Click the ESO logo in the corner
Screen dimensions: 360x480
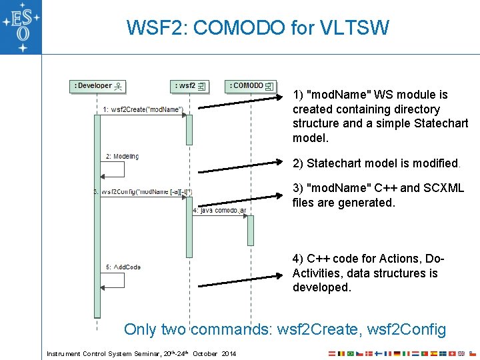21,26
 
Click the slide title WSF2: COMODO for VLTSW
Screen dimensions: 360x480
257,28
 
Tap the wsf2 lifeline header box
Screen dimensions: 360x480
190,86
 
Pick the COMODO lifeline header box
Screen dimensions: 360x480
251,86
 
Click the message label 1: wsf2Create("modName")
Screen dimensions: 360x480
143,109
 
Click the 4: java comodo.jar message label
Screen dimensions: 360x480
219,210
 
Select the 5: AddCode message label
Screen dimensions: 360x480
123,267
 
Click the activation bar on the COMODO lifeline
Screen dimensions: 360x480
251,230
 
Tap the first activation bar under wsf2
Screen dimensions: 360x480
189,129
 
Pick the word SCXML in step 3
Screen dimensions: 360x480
443,188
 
